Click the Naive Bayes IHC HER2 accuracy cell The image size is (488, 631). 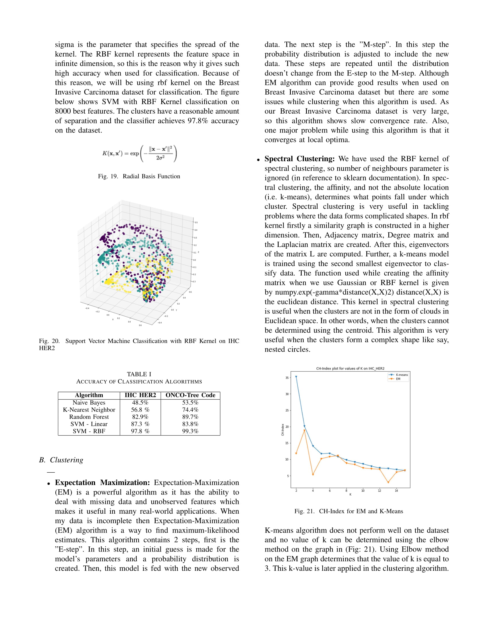[x=140, y=402]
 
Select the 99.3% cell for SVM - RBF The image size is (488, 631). [x=190, y=431]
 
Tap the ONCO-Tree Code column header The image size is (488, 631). [x=190, y=395]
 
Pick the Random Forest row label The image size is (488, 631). [x=89, y=417]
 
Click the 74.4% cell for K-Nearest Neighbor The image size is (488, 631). [x=190, y=410]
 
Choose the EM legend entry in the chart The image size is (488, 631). [x=396, y=379]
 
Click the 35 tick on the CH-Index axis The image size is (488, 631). [x=287, y=378]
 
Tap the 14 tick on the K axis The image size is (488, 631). [x=396, y=490]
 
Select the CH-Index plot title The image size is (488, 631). [x=350, y=368]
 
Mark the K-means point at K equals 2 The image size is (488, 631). [x=296, y=377]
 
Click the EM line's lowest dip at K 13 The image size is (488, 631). [x=388, y=482]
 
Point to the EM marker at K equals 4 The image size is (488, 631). [x=313, y=474]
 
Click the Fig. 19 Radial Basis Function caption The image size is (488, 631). [x=139, y=176]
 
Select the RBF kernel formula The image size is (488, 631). [x=139, y=153]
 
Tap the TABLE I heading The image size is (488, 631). [x=139, y=374]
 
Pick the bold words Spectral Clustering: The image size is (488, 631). [x=299, y=159]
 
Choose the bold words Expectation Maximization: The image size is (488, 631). [x=102, y=482]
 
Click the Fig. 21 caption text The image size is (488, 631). [x=348, y=511]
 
